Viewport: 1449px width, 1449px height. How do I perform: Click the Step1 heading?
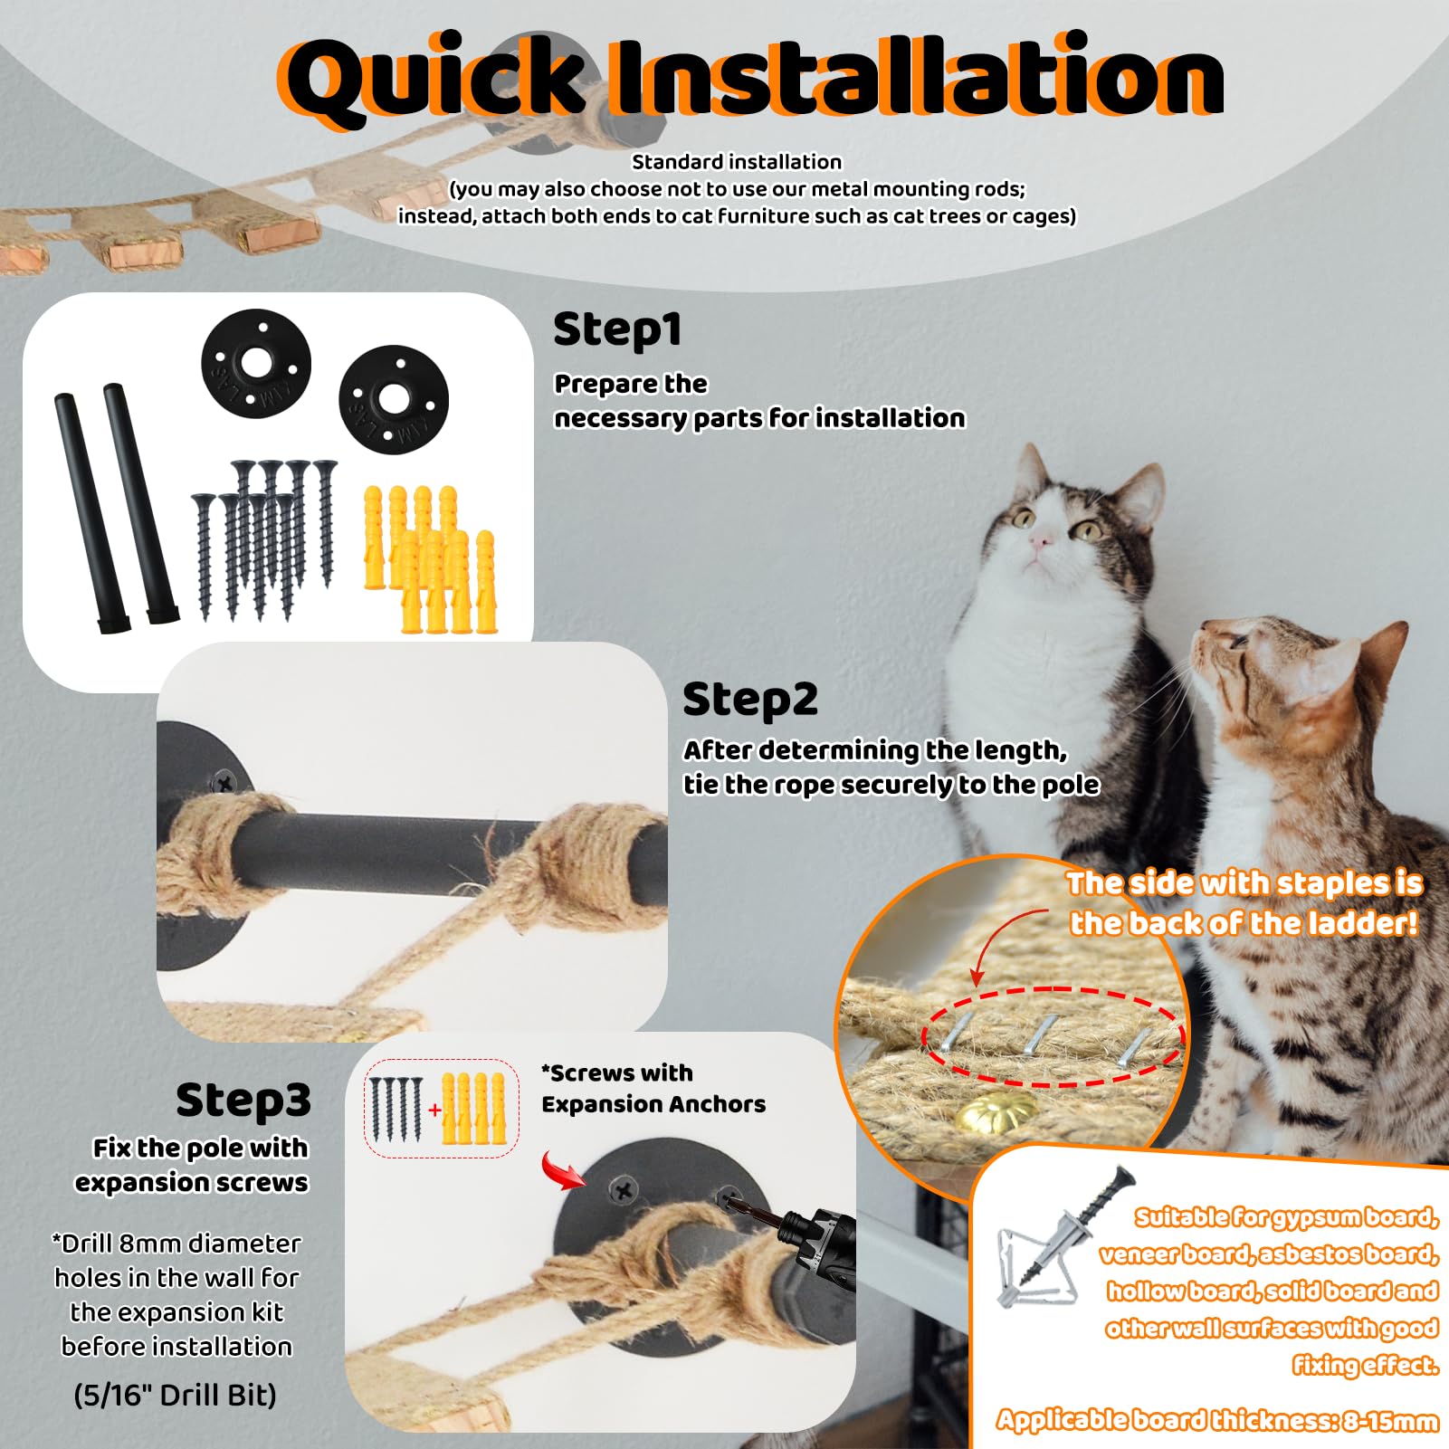tap(616, 329)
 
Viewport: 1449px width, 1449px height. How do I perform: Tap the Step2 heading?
tap(749, 699)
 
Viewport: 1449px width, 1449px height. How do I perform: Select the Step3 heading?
tap(243, 1100)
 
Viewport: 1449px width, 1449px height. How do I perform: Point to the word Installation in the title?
tap(914, 76)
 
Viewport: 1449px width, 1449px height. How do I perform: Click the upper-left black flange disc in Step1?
tap(256, 364)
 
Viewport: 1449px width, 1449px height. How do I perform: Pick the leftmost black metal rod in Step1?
tap(90, 512)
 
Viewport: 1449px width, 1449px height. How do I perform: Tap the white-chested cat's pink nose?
tap(1040, 539)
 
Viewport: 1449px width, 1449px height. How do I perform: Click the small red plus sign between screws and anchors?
tap(434, 1109)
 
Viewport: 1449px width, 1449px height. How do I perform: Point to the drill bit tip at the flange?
tap(729, 1200)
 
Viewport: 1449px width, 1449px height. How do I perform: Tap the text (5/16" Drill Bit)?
tap(176, 1395)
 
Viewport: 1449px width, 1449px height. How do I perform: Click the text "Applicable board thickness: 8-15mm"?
tap(1217, 1420)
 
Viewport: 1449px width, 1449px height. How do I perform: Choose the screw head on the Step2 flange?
tap(222, 779)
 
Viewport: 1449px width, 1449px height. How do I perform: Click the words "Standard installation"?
tap(737, 162)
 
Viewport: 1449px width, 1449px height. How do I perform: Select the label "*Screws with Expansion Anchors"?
tap(653, 1089)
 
